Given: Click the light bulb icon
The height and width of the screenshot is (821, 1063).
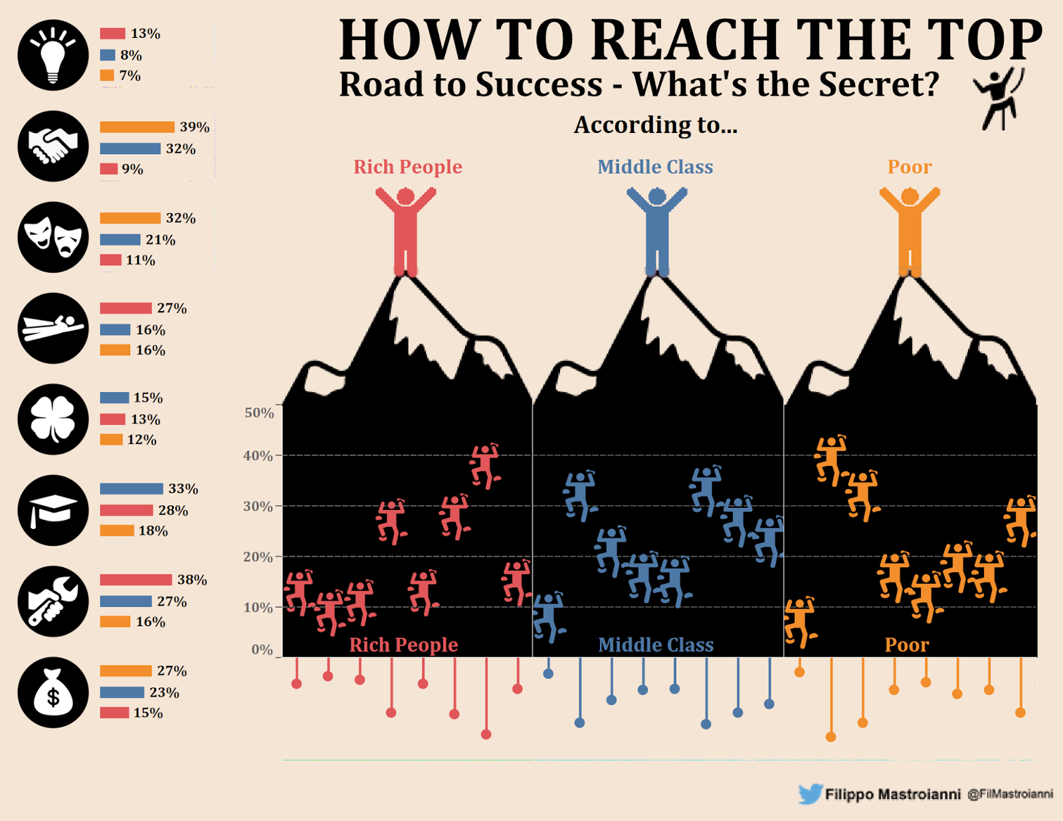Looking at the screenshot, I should [x=53, y=55].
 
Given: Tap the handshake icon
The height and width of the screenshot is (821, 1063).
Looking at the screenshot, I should [x=53, y=146].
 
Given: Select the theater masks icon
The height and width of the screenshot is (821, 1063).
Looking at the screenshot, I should [x=53, y=237].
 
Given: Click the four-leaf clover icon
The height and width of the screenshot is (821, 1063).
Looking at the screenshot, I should [x=53, y=419].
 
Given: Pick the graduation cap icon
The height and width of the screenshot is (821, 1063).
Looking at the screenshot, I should [x=53, y=511].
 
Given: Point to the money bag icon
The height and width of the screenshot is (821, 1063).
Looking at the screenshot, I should [x=53, y=693].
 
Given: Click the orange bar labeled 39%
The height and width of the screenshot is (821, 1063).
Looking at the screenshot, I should [x=137, y=127].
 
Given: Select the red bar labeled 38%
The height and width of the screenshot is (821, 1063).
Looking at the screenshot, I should [x=136, y=580].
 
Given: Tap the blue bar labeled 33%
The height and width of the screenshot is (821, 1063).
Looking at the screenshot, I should [x=131, y=489].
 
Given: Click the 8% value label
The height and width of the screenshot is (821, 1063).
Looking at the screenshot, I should [x=131, y=55].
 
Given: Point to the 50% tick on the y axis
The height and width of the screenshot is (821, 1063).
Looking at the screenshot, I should [x=259, y=413].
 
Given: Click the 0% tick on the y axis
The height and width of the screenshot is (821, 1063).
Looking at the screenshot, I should [x=262, y=649].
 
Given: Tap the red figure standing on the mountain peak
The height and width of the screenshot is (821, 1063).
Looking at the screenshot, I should [x=405, y=229].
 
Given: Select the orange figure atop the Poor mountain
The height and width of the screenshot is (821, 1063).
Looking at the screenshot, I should [x=910, y=229].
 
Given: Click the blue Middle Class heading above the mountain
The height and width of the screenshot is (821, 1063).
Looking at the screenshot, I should [x=655, y=167].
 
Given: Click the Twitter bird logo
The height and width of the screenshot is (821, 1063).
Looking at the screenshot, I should [x=810, y=793].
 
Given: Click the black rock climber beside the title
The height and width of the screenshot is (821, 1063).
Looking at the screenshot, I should [x=999, y=98].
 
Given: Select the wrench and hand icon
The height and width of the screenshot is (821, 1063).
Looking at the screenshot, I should [x=53, y=602].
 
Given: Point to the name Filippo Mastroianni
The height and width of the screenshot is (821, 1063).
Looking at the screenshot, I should [x=892, y=794].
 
